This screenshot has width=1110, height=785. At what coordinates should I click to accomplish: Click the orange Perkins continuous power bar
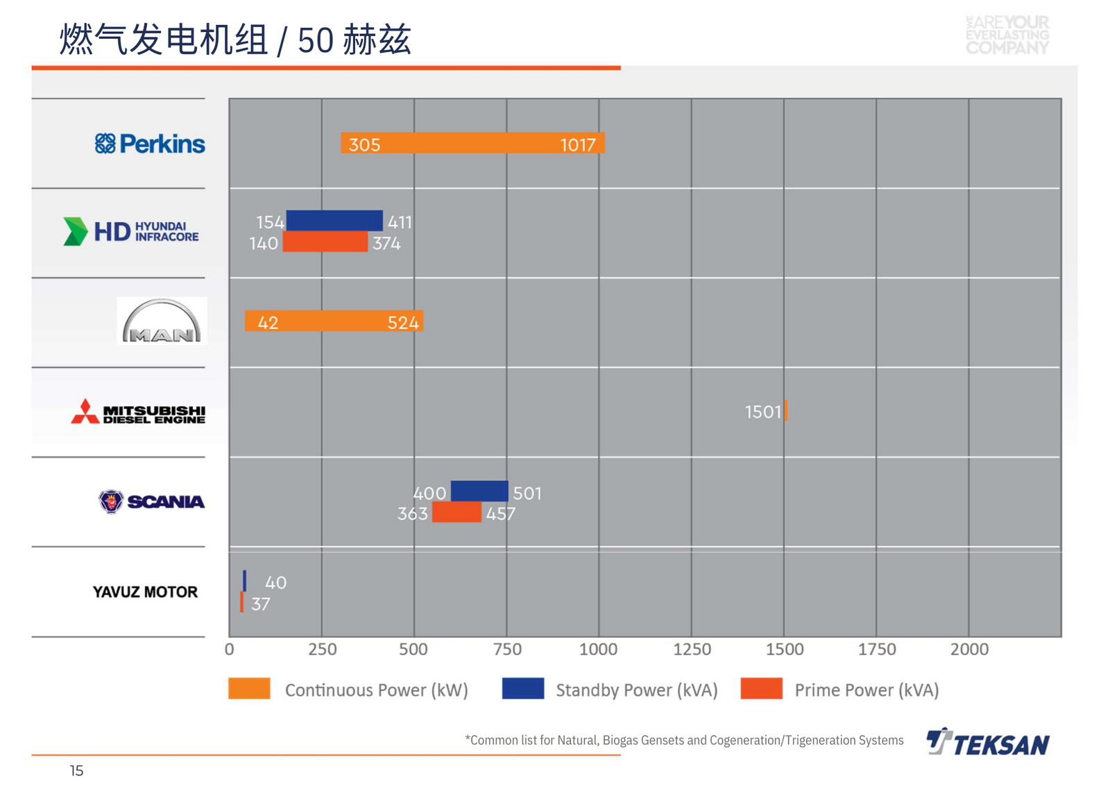click(x=472, y=143)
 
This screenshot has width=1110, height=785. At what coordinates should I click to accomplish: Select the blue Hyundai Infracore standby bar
click(x=334, y=221)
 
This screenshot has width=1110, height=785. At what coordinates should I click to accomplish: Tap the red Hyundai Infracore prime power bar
click(x=325, y=242)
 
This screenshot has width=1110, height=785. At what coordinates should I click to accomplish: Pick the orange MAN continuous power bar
click(x=334, y=321)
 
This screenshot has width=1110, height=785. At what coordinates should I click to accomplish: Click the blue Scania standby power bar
click(x=479, y=491)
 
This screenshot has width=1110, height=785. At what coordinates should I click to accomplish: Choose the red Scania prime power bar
click(x=456, y=512)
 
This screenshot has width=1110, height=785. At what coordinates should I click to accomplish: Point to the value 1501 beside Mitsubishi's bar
click(x=762, y=412)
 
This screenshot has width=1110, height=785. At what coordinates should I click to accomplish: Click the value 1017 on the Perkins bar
click(x=577, y=145)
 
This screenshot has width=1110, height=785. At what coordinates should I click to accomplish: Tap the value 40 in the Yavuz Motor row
click(x=275, y=582)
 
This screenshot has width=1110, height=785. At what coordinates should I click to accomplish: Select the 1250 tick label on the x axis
click(x=692, y=650)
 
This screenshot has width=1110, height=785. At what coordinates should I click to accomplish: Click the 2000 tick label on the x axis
click(x=969, y=650)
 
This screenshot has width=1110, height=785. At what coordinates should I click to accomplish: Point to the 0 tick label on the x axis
click(x=230, y=650)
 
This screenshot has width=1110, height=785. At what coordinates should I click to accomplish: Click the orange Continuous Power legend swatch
click(x=249, y=689)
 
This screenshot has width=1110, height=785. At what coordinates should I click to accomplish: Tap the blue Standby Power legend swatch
click(x=522, y=689)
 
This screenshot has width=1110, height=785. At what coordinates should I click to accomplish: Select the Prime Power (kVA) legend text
click(x=866, y=690)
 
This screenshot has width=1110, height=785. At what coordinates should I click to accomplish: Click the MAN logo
click(x=162, y=321)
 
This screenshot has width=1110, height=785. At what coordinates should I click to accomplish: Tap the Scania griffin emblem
click(x=110, y=501)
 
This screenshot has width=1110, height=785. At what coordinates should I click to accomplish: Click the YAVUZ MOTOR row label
click(x=145, y=592)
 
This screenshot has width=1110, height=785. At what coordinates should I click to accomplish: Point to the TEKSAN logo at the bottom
click(x=988, y=742)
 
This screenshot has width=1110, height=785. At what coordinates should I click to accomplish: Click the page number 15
click(x=76, y=770)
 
